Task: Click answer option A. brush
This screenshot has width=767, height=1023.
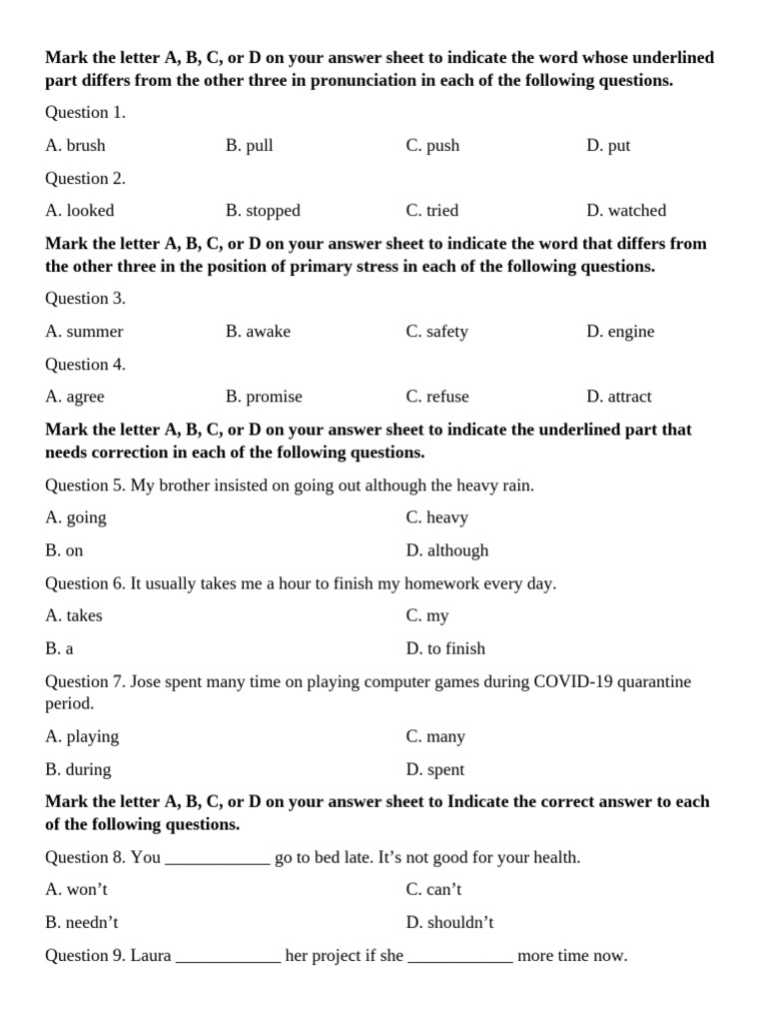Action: [x=75, y=145]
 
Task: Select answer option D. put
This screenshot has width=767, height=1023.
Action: [x=608, y=145]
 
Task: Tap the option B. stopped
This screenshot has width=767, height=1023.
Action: [x=263, y=210]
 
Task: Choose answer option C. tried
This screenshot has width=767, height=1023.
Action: [x=432, y=210]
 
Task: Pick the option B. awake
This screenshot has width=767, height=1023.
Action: [x=258, y=331]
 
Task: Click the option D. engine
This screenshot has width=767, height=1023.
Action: [x=620, y=331]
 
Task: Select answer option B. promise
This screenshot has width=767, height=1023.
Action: [x=264, y=396]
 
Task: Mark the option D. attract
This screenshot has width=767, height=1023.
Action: [x=618, y=396]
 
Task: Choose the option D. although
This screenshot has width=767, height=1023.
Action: [x=447, y=549]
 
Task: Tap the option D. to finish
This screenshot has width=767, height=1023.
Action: [x=445, y=648]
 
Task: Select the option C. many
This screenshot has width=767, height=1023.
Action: [x=435, y=736]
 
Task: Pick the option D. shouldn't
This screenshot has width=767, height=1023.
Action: [x=449, y=922]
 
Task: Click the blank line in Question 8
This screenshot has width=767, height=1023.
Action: [x=217, y=858]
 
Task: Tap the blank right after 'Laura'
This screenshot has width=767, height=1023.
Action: [x=229, y=956]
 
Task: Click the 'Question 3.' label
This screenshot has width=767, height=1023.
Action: [x=85, y=298]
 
